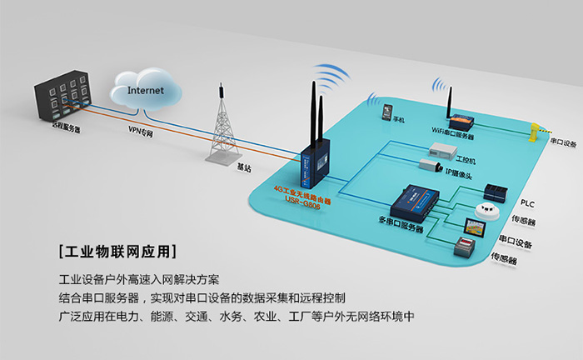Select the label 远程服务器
(x=66, y=127)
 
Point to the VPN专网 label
(x=141, y=131)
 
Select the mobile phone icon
(x=386, y=111)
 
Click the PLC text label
(x=526, y=203)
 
